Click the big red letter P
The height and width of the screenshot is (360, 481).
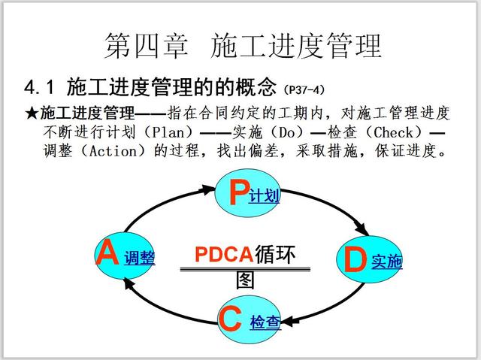click(x=237, y=192)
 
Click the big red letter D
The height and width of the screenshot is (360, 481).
click(x=354, y=260)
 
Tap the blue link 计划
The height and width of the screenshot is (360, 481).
click(x=265, y=196)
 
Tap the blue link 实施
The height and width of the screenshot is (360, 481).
click(x=387, y=262)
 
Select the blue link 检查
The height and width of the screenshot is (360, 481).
click(x=265, y=323)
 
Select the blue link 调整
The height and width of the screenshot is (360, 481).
click(x=140, y=259)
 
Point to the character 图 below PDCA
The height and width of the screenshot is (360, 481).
click(x=246, y=280)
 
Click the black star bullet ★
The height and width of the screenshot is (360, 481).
click(x=32, y=113)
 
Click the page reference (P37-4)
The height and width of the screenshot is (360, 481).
click(x=304, y=90)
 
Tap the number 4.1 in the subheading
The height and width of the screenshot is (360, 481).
click(x=41, y=87)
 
